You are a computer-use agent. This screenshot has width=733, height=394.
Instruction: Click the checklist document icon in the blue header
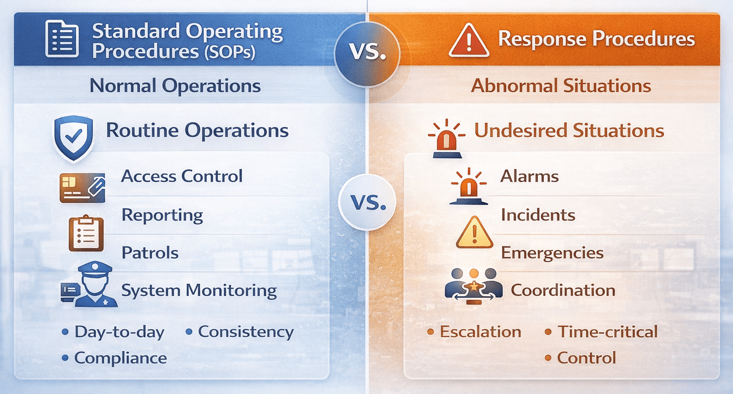tap(62, 39)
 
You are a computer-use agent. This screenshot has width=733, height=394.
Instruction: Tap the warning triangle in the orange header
tap(468, 40)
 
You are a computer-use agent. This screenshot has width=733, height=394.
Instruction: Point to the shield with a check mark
tap(73, 136)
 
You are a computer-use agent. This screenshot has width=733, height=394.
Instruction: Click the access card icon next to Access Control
tap(82, 187)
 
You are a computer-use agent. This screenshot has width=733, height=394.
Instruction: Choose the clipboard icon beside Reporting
tap(86, 233)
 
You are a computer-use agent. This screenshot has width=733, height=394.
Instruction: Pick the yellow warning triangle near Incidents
tap(474, 233)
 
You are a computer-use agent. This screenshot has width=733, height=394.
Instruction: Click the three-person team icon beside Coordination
tap(473, 285)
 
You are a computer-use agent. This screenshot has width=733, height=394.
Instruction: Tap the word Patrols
tap(150, 252)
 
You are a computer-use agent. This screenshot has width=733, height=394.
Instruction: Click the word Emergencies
tap(552, 252)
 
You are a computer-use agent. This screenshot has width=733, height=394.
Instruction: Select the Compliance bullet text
tap(120, 358)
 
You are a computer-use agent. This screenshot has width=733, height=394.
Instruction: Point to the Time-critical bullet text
tap(607, 332)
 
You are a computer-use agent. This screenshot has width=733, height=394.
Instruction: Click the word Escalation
tap(480, 332)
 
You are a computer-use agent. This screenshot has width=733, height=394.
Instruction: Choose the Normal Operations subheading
tap(175, 86)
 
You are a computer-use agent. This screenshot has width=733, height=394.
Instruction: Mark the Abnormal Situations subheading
tap(561, 86)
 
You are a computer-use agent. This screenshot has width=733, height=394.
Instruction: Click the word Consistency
tap(246, 332)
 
